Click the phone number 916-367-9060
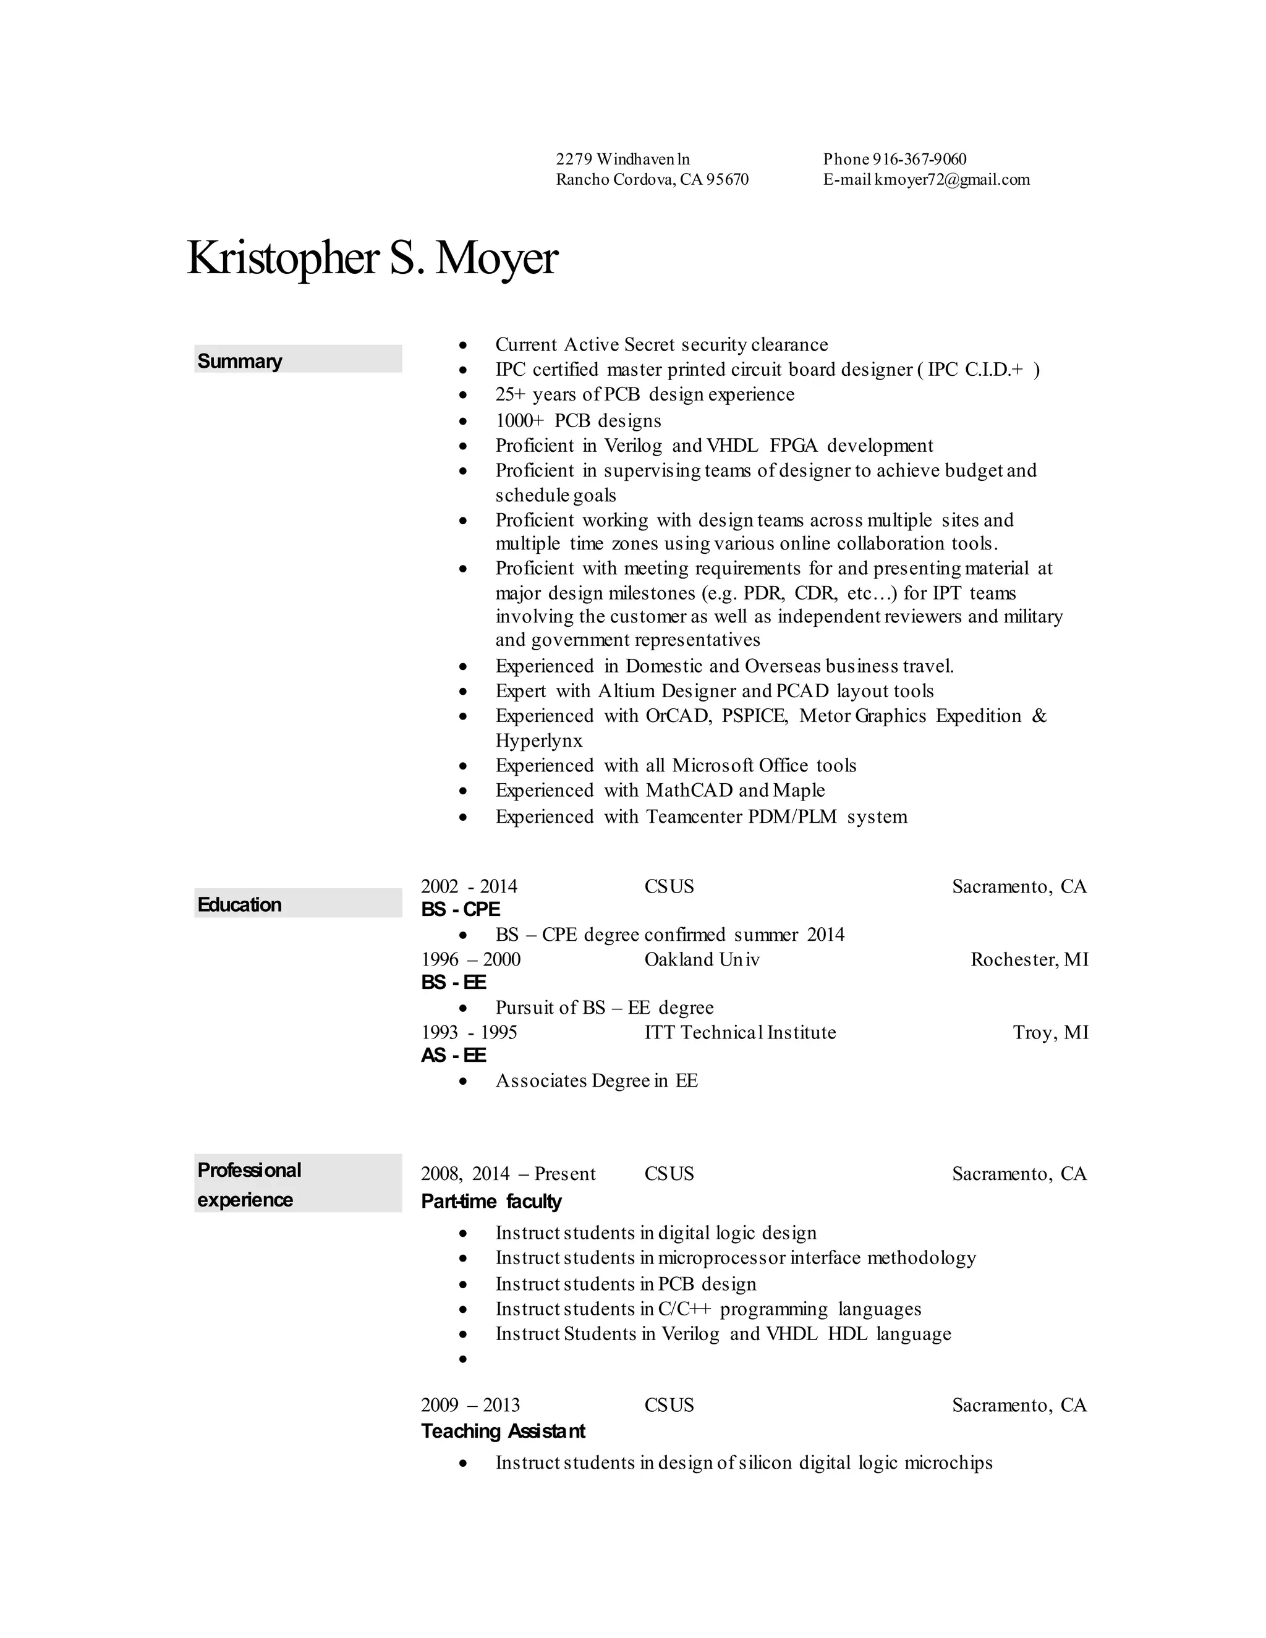click(919, 159)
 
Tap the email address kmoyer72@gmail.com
click(952, 179)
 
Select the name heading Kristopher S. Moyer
click(372, 258)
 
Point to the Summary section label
click(239, 361)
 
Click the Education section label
click(239, 904)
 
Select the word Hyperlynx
click(538, 740)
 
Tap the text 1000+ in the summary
click(520, 421)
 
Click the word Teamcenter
click(694, 816)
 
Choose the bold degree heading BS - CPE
click(461, 909)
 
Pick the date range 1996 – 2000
click(470, 959)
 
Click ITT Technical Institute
click(739, 1032)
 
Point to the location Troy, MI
click(1050, 1032)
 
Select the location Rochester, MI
click(1029, 959)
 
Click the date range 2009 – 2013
click(470, 1405)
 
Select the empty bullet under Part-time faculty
click(464, 1358)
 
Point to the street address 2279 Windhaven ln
click(622, 159)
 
